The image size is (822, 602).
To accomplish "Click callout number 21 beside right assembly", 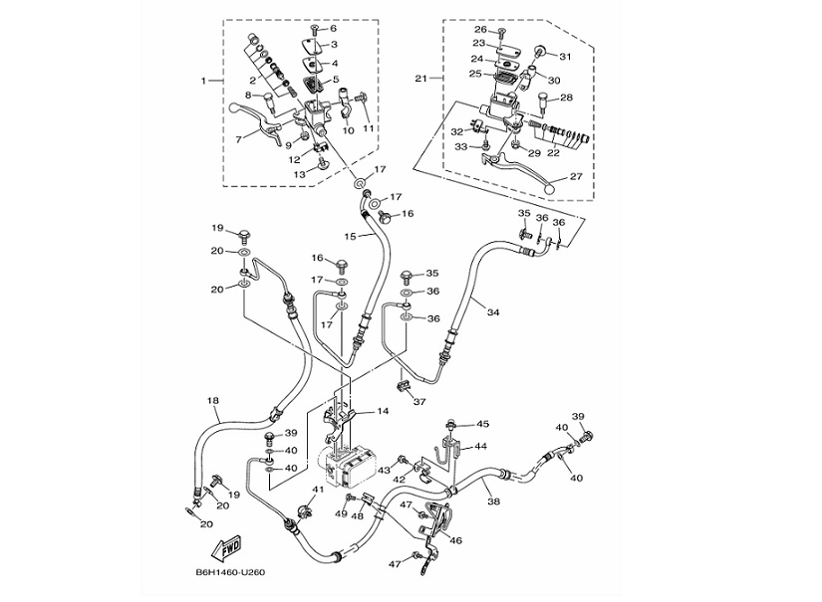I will [x=422, y=77].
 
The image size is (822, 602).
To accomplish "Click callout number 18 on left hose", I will [x=212, y=401].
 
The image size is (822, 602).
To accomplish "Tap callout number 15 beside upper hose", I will [x=349, y=236].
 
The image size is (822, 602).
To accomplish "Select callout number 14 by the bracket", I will [x=382, y=411].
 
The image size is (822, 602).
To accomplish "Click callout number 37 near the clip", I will [x=418, y=402].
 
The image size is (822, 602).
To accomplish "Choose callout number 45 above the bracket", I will [x=482, y=425].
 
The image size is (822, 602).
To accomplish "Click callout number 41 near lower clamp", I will [x=318, y=490].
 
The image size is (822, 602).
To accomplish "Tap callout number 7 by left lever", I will [x=238, y=139].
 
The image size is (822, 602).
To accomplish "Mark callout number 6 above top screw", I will [x=333, y=29].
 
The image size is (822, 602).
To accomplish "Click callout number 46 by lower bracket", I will [x=456, y=540].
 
